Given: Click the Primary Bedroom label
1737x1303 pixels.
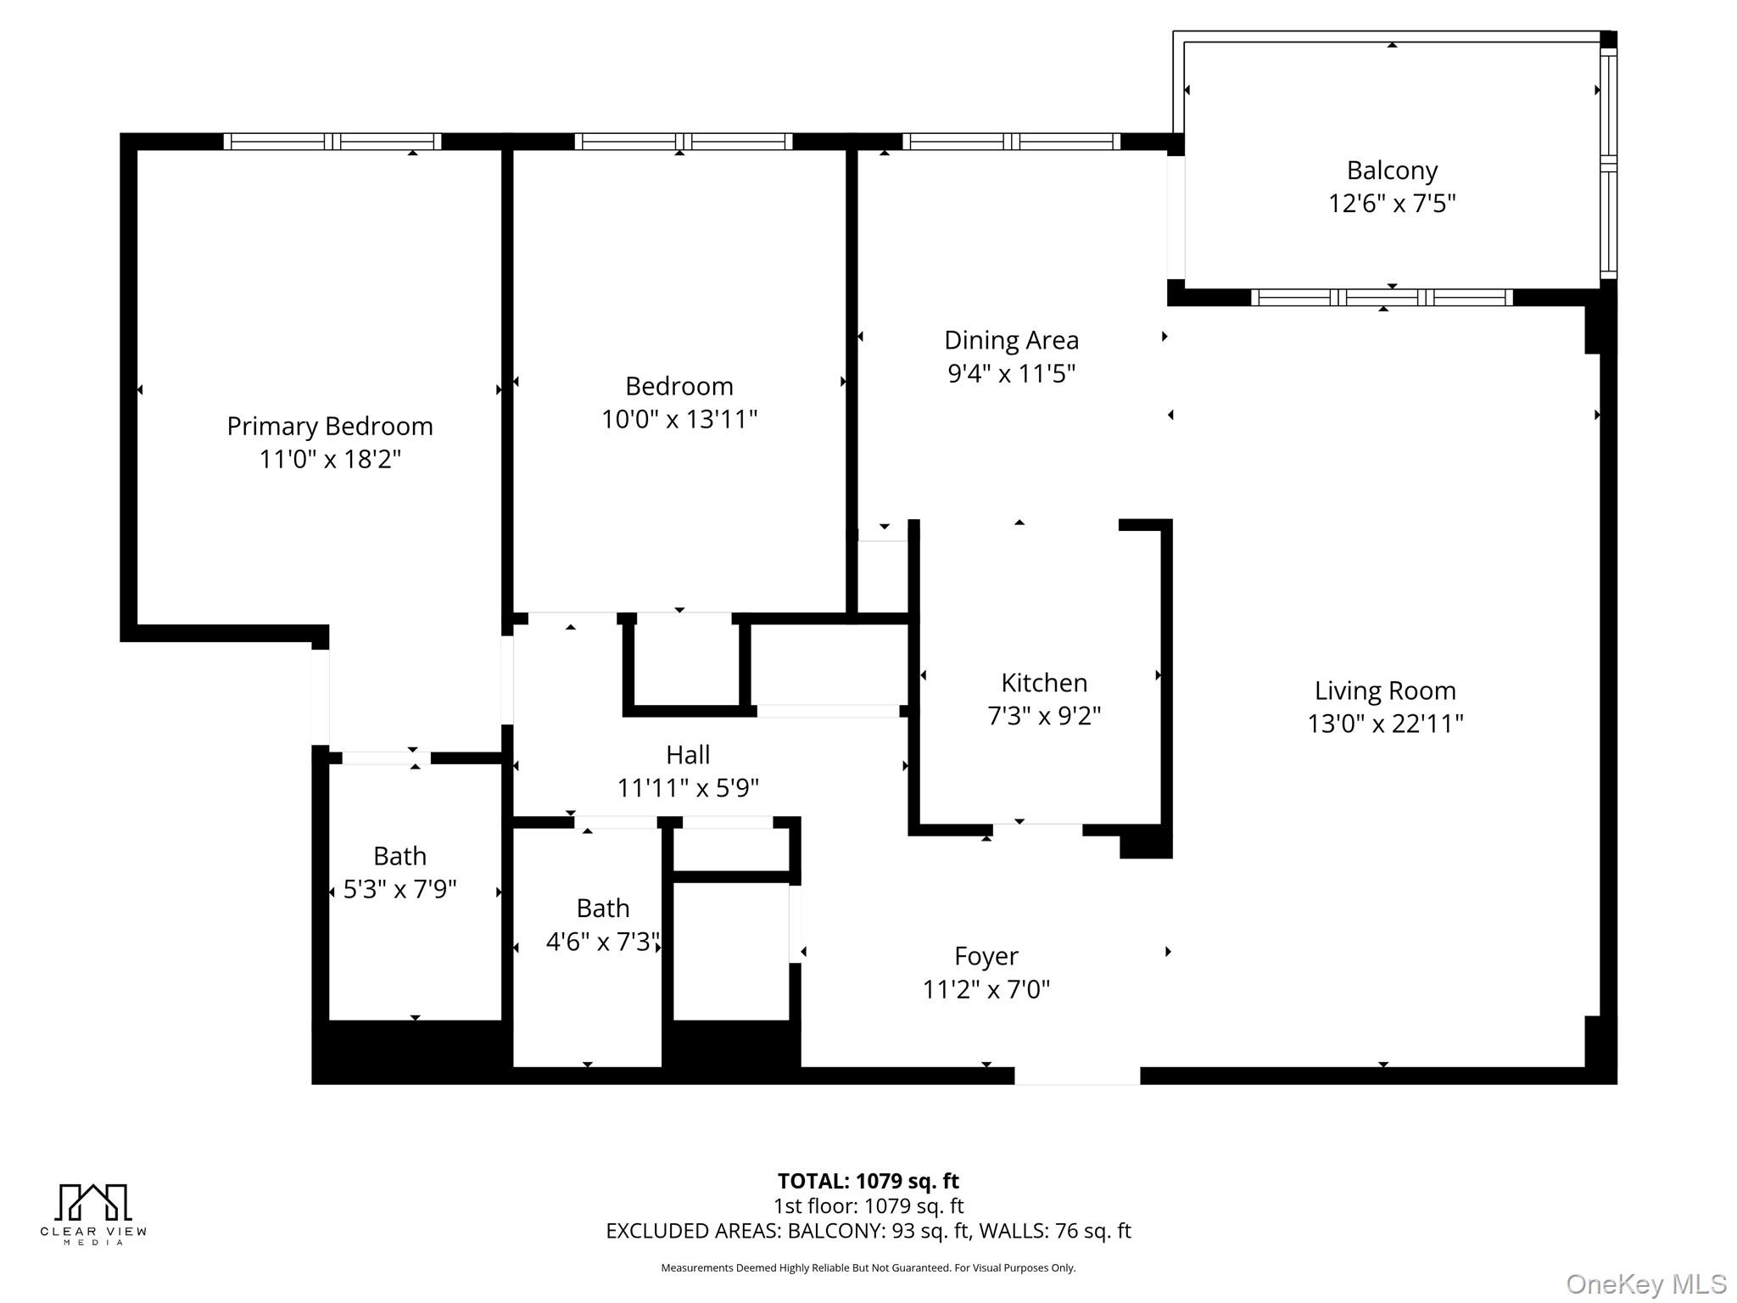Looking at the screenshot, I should (x=329, y=426).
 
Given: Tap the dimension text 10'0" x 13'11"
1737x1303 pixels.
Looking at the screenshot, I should (x=679, y=419).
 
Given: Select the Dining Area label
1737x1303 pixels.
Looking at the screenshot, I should (x=1011, y=340).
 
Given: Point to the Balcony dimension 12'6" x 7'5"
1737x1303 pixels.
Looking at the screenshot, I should (x=1391, y=204).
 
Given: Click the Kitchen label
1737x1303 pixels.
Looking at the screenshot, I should (x=1043, y=683).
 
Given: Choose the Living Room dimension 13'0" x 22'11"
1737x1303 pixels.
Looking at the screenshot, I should (x=1384, y=724).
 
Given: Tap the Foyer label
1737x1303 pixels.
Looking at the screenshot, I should (x=986, y=956).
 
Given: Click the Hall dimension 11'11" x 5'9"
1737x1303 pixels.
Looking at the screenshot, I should (x=687, y=788).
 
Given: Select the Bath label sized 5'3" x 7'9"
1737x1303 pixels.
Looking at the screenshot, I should (x=399, y=856).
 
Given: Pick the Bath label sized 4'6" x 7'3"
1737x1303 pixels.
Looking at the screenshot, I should (x=602, y=909).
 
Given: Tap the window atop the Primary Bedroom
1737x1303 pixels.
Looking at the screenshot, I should (x=332, y=142).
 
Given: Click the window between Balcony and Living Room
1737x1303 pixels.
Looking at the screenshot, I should (x=1382, y=298).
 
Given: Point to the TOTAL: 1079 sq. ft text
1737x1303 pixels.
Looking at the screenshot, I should (x=868, y=1181).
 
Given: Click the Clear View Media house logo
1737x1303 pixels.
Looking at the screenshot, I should (x=93, y=1203).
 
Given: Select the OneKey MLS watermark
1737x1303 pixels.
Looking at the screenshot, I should (x=1645, y=1283).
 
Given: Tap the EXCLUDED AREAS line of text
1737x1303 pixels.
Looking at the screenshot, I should (x=868, y=1231).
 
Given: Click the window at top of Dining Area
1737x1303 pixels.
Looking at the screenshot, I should (x=1011, y=142).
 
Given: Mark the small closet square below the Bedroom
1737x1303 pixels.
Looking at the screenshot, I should (x=686, y=663).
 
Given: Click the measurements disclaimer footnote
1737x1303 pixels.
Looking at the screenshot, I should (x=868, y=1268).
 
